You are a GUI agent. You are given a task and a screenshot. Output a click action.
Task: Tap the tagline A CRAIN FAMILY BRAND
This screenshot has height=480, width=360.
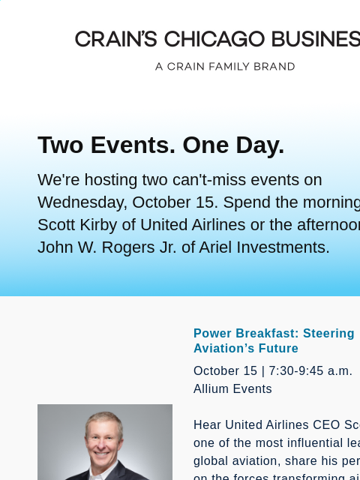click(x=225, y=67)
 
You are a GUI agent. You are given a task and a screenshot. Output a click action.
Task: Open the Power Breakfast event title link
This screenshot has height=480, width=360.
click(x=274, y=334)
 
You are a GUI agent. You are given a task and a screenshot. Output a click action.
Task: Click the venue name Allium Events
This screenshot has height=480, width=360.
click(x=232, y=389)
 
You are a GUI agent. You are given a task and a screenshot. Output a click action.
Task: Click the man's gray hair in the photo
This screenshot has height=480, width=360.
click(x=105, y=419)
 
